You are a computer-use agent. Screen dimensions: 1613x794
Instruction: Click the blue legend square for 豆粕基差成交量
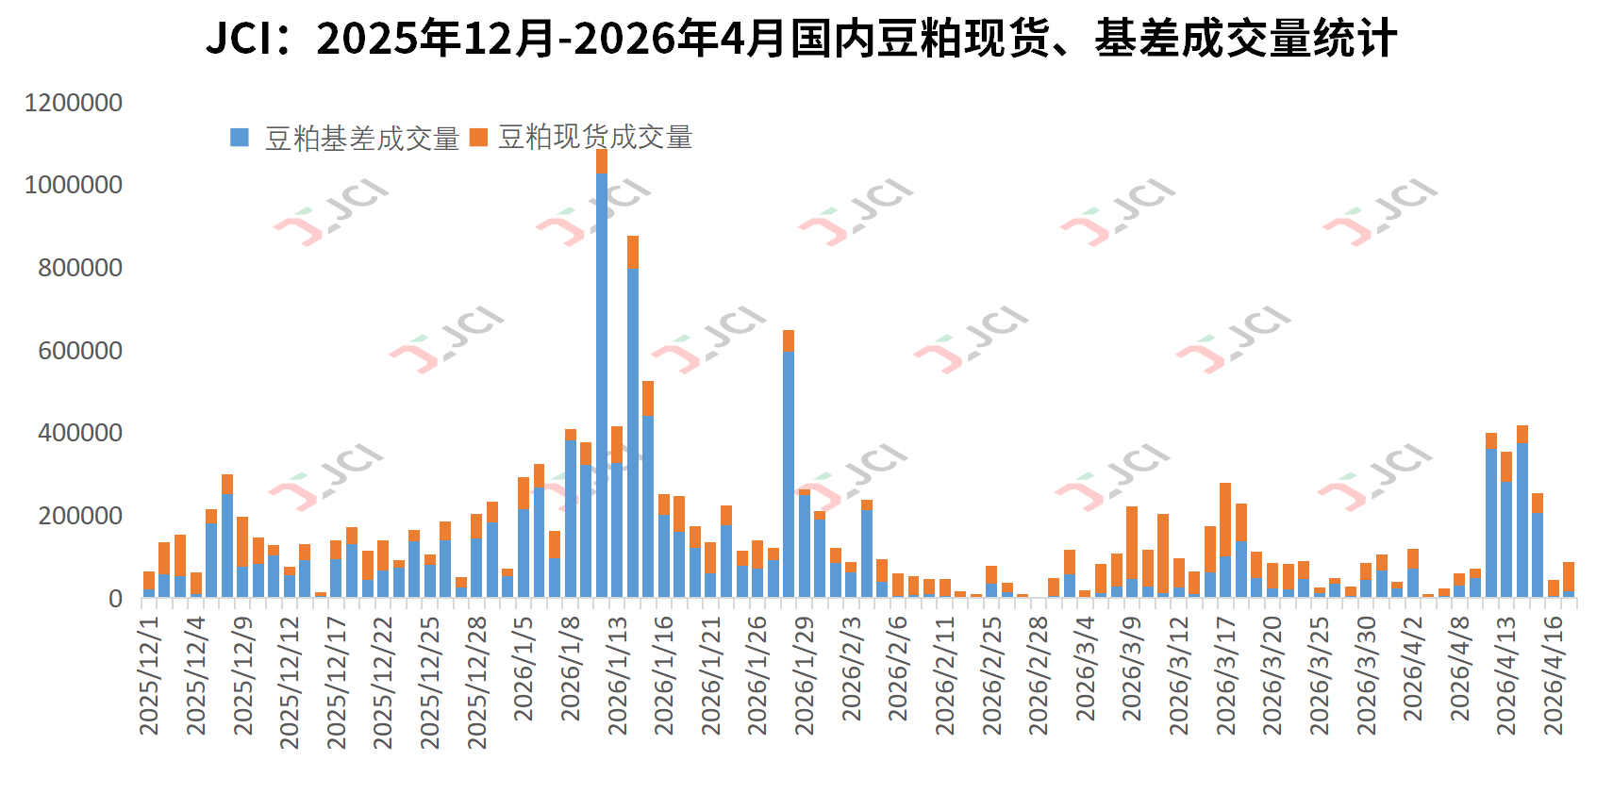point(239,138)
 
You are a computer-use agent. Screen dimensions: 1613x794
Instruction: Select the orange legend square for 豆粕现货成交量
point(478,138)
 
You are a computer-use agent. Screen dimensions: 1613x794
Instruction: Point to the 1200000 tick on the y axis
point(74,103)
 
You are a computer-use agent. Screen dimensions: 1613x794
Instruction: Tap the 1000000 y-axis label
point(74,185)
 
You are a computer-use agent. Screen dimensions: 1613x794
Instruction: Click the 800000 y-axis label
point(80,268)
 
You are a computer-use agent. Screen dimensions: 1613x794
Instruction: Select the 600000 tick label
point(80,351)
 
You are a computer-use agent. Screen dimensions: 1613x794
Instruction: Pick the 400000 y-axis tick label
point(80,433)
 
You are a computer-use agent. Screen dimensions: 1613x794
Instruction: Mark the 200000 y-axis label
point(80,516)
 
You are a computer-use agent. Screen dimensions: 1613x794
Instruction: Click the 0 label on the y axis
point(115,598)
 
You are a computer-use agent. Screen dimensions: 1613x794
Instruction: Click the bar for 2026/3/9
point(1132,553)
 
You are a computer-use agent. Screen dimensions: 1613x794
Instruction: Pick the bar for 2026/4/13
point(1506,524)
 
